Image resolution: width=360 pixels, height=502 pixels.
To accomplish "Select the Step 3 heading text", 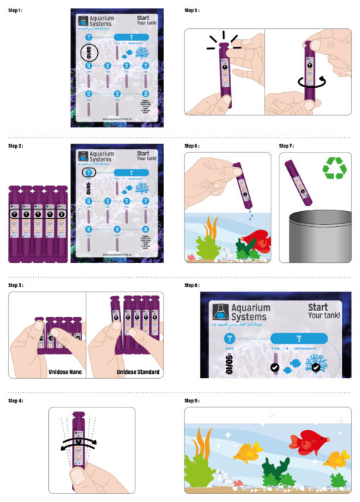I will tap(16, 285).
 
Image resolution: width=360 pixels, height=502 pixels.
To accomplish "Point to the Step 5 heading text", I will tap(192, 11).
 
